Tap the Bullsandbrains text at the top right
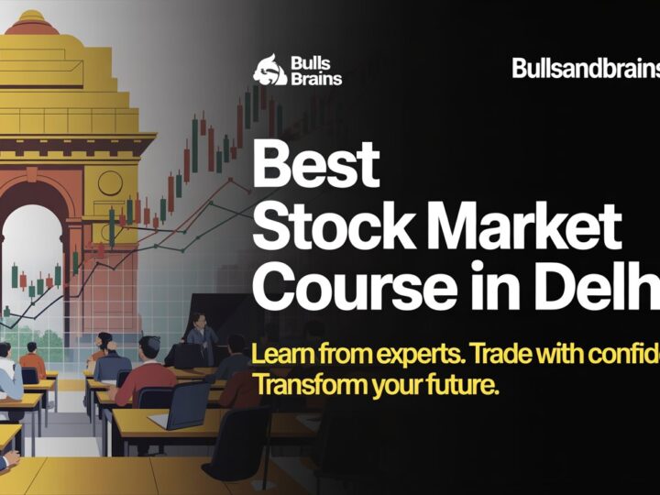(585, 68)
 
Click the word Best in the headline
(315, 165)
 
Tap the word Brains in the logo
(317, 79)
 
